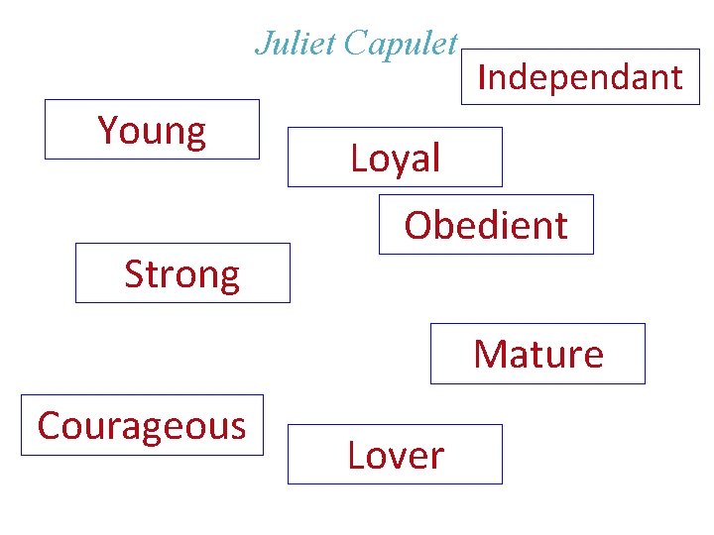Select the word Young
click(x=152, y=131)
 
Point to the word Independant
click(x=580, y=77)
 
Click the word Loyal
click(x=395, y=159)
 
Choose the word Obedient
click(x=486, y=226)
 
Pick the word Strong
click(x=182, y=274)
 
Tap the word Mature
click(x=538, y=354)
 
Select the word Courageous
click(x=142, y=426)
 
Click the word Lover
click(x=396, y=456)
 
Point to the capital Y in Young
click(x=108, y=130)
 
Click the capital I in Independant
click(x=482, y=77)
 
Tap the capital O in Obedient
click(x=417, y=226)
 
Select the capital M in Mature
click(x=489, y=354)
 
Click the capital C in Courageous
click(x=49, y=426)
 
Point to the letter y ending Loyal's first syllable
click(x=405, y=162)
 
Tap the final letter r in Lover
click(x=436, y=458)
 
